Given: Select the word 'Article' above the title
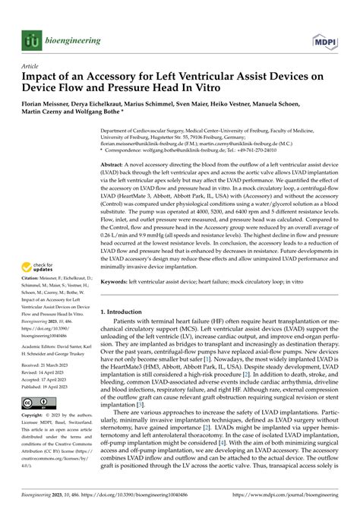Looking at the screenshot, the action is click(x=30, y=66).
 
